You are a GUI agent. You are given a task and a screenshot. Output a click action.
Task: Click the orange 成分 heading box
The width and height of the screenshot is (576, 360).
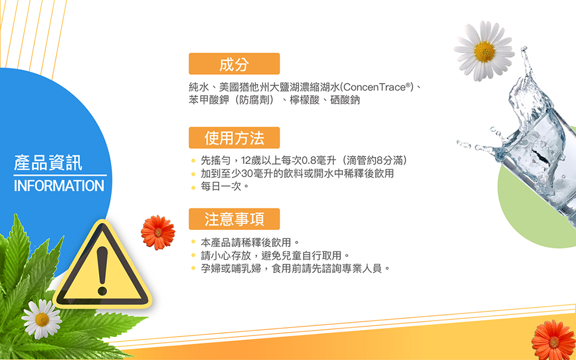coord(234,64)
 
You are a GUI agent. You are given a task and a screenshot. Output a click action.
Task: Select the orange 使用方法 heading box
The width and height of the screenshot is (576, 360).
coord(234,138)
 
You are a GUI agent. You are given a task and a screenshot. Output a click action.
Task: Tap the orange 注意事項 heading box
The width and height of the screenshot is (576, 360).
coord(234,219)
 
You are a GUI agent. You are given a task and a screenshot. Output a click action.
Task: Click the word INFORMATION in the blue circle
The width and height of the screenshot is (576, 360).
coord(59,186)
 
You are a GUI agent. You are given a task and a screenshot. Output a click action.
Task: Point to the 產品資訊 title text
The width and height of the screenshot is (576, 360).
coord(48,163)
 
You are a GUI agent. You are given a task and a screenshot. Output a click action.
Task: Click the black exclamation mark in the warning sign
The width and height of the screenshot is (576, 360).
coord(102,271)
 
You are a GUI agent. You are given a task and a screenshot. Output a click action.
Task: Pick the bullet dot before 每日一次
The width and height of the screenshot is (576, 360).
coord(193,187)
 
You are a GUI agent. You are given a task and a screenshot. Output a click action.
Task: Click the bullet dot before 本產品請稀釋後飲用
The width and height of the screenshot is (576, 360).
coord(193,242)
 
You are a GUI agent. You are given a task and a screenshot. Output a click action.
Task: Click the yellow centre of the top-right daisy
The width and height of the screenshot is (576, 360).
coord(484,52)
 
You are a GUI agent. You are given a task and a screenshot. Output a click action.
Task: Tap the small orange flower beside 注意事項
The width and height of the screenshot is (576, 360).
coord(158,233)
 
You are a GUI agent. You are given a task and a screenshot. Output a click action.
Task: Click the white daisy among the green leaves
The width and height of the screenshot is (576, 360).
coord(42,319)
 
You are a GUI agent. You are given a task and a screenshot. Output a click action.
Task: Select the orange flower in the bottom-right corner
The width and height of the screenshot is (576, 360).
coord(553,341)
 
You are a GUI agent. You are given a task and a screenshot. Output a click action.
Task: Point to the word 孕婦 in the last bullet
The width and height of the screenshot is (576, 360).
coord(210,269)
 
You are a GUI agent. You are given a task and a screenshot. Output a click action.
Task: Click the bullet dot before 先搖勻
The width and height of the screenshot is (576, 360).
coord(193,161)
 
